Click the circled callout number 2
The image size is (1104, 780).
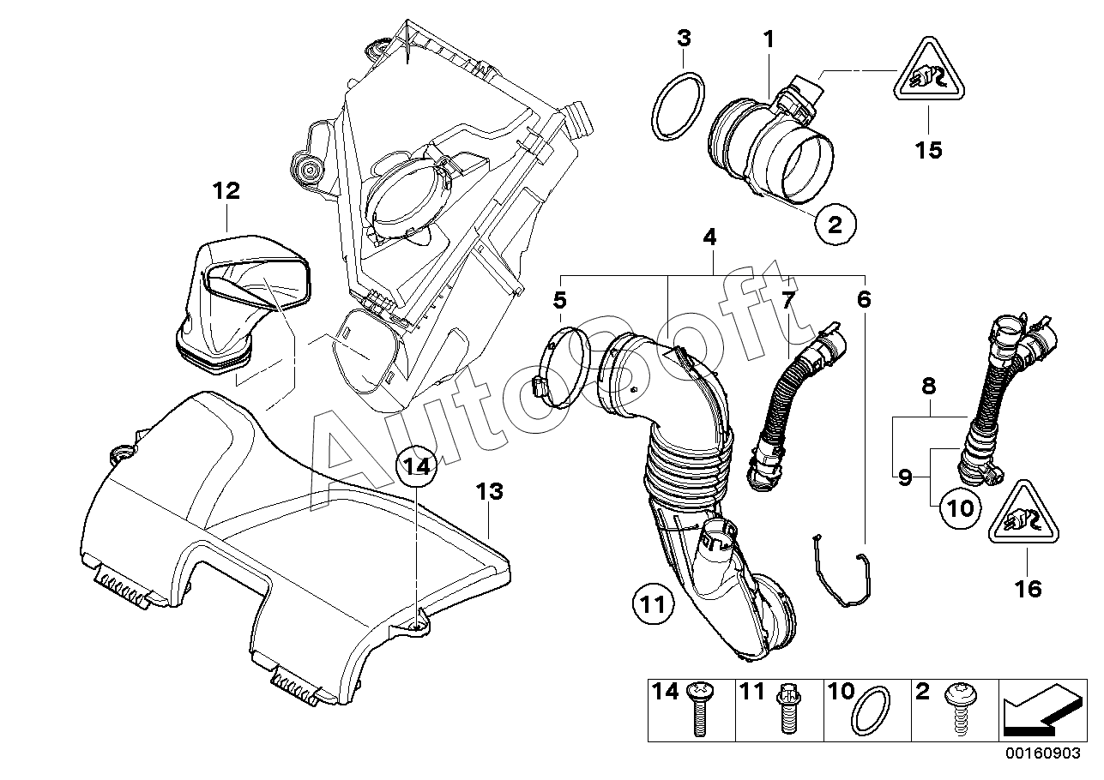pyautogui.click(x=835, y=225)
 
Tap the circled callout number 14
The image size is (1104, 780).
pyautogui.click(x=416, y=465)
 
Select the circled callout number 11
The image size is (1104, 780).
pyautogui.click(x=653, y=603)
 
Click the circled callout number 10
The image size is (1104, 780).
pyautogui.click(x=960, y=507)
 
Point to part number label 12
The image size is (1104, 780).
pyautogui.click(x=226, y=190)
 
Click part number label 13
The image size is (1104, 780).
pyautogui.click(x=490, y=491)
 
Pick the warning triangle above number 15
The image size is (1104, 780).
pyautogui.click(x=928, y=71)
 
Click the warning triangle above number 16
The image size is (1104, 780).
pyautogui.click(x=1023, y=513)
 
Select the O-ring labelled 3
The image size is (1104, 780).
pyautogui.click(x=678, y=106)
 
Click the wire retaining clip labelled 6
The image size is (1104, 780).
pyautogui.click(x=842, y=571)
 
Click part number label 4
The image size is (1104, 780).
pyautogui.click(x=709, y=237)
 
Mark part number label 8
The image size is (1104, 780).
pyautogui.click(x=928, y=387)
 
